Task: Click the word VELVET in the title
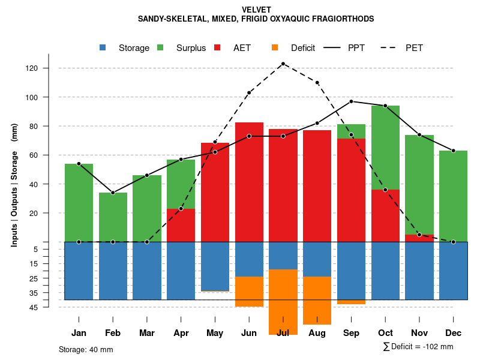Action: (256, 10)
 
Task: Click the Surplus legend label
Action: (191, 48)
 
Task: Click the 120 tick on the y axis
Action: (49, 68)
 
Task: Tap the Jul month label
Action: (283, 333)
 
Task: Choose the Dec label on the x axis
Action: (453, 333)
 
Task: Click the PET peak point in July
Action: (283, 64)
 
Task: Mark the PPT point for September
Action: (351, 101)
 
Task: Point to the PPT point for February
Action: (113, 193)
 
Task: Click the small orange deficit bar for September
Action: (351, 302)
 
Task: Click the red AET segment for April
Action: (181, 225)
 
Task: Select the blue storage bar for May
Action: (215, 266)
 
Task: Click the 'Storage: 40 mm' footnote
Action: (86, 349)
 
